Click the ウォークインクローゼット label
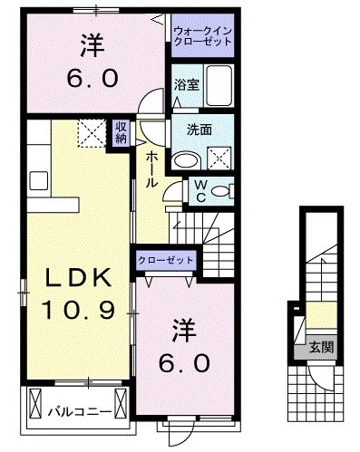point(203,37)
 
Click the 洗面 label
point(199,130)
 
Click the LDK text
point(75,277)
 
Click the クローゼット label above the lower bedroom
point(166,260)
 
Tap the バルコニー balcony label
point(80,411)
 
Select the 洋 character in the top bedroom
point(92,44)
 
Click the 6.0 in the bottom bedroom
point(186,362)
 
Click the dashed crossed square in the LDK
point(91,136)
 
